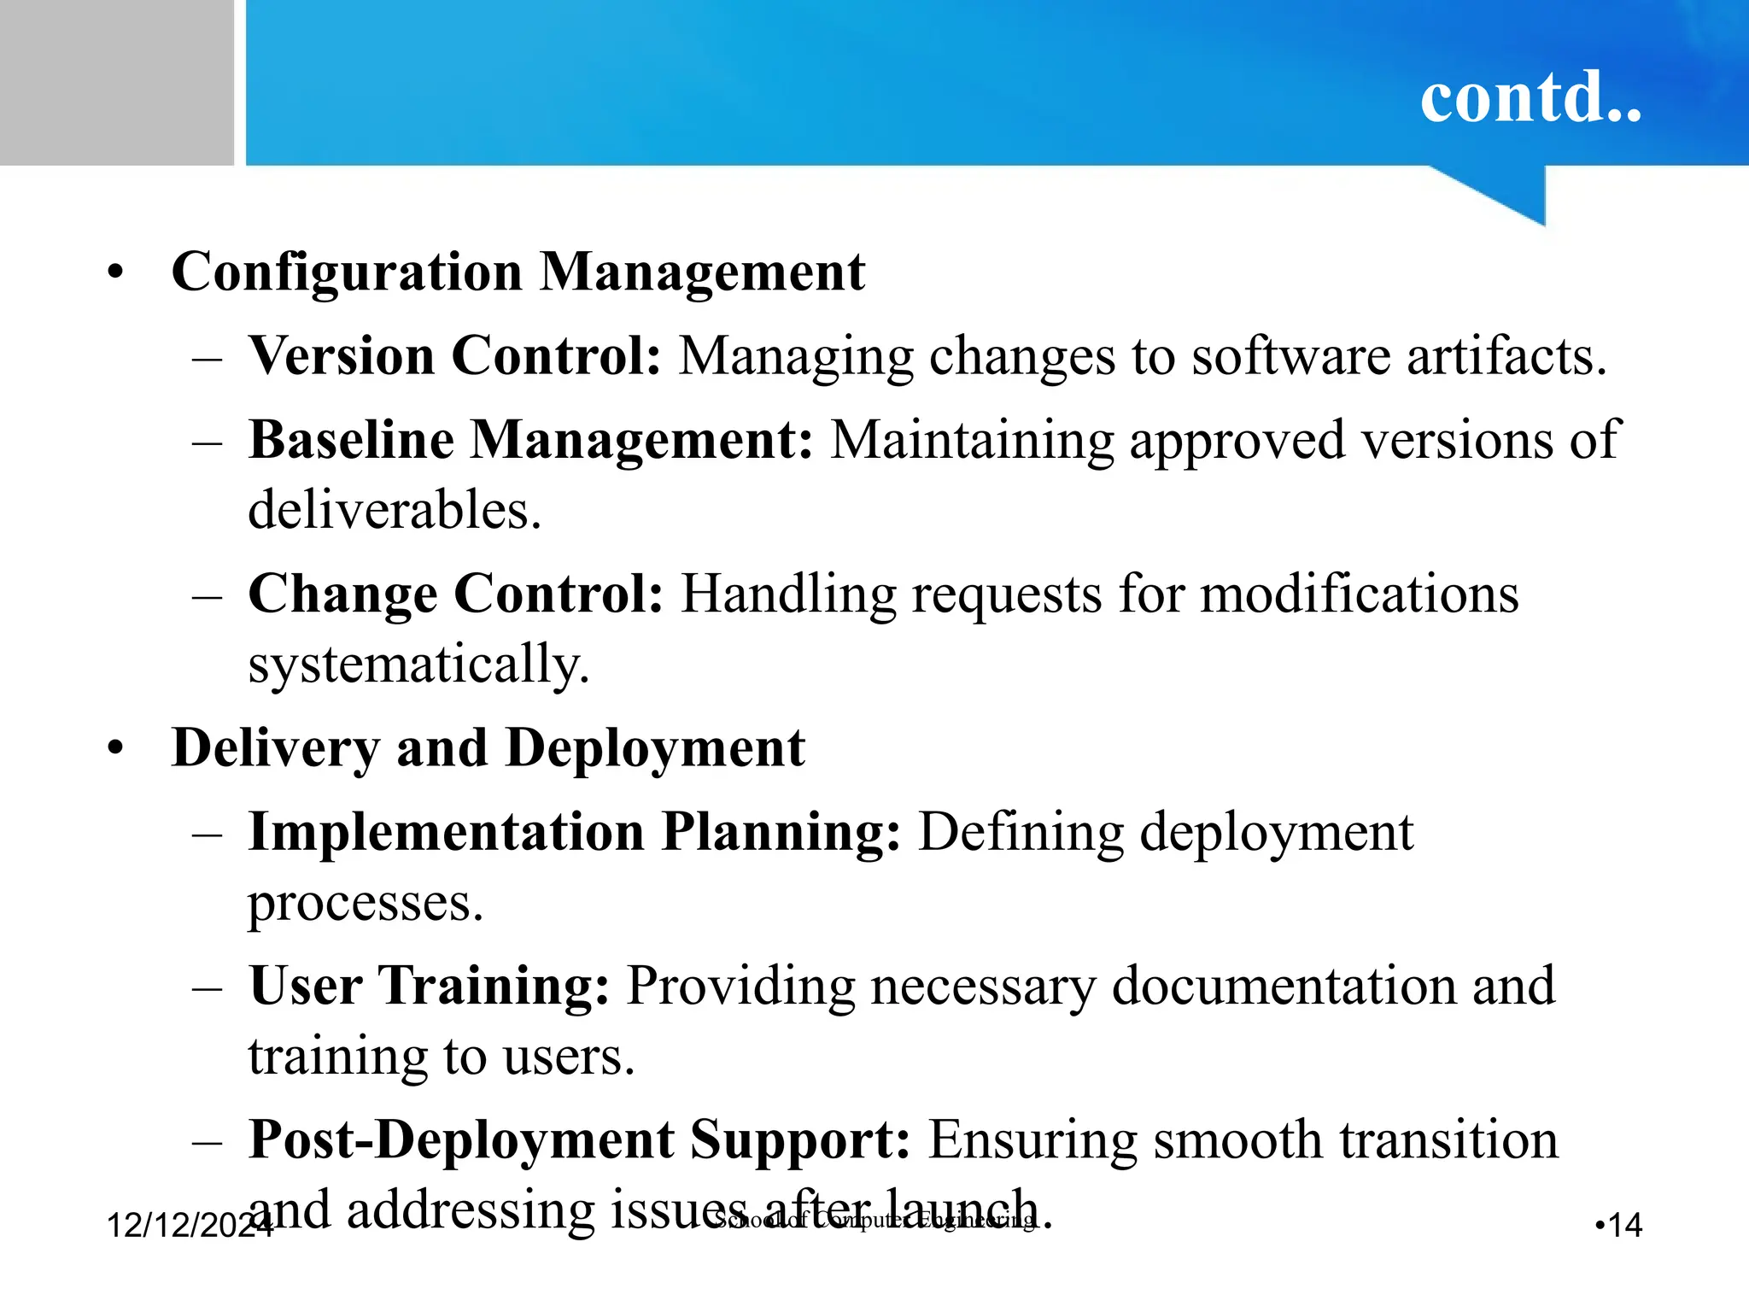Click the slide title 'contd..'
click(1530, 97)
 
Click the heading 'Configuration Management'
click(518, 272)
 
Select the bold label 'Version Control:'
click(454, 355)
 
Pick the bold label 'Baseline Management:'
click(530, 440)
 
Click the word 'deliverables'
click(393, 510)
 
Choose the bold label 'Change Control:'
click(455, 594)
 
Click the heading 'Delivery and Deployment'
click(488, 748)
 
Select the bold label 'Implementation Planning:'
click(574, 832)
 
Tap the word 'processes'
click(364, 903)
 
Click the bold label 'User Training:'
click(429, 986)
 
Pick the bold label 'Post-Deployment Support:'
click(579, 1139)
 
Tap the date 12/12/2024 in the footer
click(189, 1226)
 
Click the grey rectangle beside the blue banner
click(116, 82)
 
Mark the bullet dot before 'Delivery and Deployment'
click(116, 749)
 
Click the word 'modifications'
click(1360, 594)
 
